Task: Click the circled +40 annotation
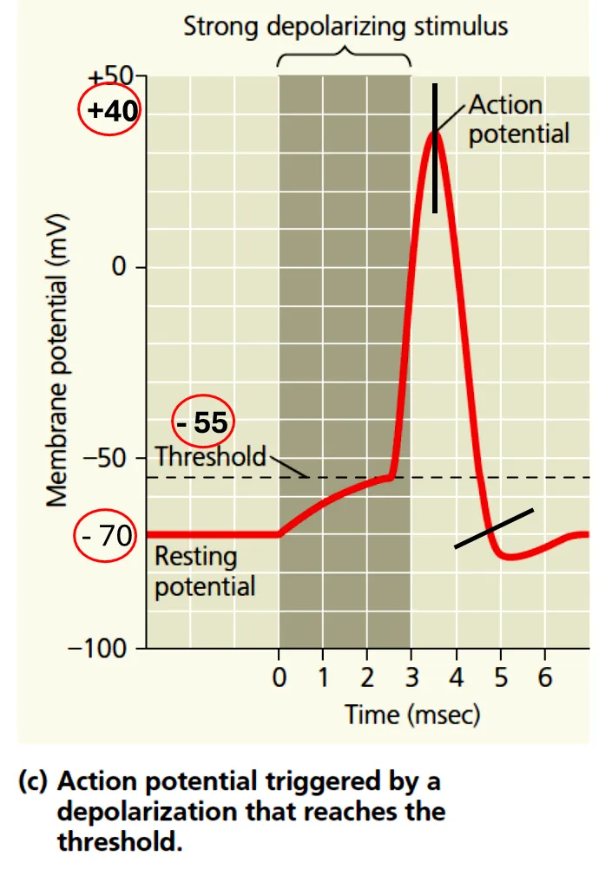[x=111, y=111]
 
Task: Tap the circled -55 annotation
[x=203, y=422]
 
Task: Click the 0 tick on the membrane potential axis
[x=118, y=267]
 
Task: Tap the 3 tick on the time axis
[x=411, y=677]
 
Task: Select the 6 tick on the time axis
[x=544, y=677]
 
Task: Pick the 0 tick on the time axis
[x=279, y=677]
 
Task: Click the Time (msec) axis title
[x=412, y=715]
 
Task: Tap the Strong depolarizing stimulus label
[x=345, y=26]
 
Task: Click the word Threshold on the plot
[x=210, y=456]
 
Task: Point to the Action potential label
[x=518, y=121]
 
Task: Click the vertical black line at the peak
[x=435, y=147]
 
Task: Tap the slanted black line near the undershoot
[x=493, y=528]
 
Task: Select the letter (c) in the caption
[x=35, y=782]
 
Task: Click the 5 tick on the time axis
[x=501, y=677]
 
